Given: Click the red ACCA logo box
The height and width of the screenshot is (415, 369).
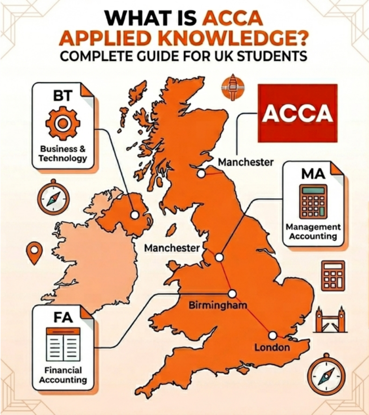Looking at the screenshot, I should pos(298,113).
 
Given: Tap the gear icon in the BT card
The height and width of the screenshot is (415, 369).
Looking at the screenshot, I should pos(63,124).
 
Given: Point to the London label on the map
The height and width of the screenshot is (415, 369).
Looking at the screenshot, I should pos(272,347).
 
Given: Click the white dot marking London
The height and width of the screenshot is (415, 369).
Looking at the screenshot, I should pos(273,335).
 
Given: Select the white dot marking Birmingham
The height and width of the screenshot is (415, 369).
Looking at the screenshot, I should pos(233,293).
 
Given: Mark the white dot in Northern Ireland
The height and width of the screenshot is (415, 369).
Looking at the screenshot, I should pos(135,214).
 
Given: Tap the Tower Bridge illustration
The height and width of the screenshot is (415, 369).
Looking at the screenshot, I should pos(330,319).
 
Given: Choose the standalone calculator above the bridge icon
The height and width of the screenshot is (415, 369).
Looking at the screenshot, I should pos(333,275).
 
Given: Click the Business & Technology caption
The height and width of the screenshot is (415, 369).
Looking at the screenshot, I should pos(63,153).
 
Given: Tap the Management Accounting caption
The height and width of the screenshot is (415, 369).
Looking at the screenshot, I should pos(313,231).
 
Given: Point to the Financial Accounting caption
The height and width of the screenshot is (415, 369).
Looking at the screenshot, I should pos(63,375).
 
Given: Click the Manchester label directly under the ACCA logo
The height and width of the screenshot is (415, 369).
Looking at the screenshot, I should pos(246,162).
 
